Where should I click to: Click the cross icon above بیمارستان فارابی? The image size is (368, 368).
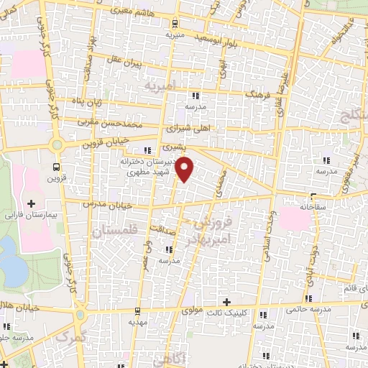[x=31, y=204]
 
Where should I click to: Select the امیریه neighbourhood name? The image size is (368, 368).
[x=160, y=87]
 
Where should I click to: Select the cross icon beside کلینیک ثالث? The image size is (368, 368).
[x=227, y=301]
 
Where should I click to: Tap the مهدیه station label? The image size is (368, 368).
[x=138, y=322]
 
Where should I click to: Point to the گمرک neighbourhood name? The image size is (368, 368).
[x=70, y=337]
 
